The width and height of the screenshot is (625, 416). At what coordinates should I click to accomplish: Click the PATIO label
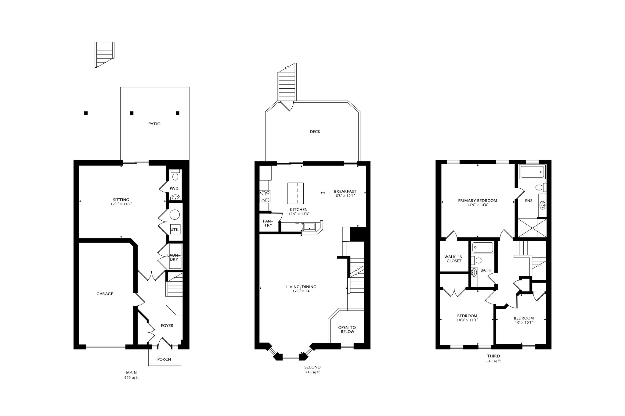tap(154, 124)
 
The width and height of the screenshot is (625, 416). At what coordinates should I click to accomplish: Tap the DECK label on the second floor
tap(315, 132)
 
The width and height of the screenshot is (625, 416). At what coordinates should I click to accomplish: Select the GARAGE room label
tap(105, 294)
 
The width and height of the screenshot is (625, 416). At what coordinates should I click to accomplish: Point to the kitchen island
tap(295, 193)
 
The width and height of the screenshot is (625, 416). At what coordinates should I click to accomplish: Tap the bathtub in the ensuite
tap(533, 172)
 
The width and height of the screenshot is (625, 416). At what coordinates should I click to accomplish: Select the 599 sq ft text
tap(131, 378)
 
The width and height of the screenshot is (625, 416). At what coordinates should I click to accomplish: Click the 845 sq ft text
tap(493, 361)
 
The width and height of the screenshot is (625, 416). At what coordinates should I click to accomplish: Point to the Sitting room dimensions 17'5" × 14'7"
tap(121, 204)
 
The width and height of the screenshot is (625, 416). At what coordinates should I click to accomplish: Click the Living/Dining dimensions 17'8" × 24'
tap(301, 291)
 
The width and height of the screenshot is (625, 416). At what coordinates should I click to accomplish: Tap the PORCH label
tap(164, 359)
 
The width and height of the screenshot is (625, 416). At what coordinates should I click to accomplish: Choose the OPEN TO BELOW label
tap(347, 330)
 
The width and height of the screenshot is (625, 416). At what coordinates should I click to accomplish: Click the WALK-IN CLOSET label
tap(454, 259)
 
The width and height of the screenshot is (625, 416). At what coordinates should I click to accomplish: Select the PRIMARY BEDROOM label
tap(478, 201)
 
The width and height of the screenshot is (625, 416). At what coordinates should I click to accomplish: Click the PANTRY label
tap(268, 223)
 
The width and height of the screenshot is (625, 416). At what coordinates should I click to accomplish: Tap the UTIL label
tap(175, 229)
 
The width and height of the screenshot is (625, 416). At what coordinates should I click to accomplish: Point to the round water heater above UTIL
tap(175, 215)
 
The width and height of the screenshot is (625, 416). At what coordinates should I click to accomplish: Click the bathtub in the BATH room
tap(482, 247)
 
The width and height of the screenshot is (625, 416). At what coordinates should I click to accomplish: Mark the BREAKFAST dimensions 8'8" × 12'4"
tap(345, 196)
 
